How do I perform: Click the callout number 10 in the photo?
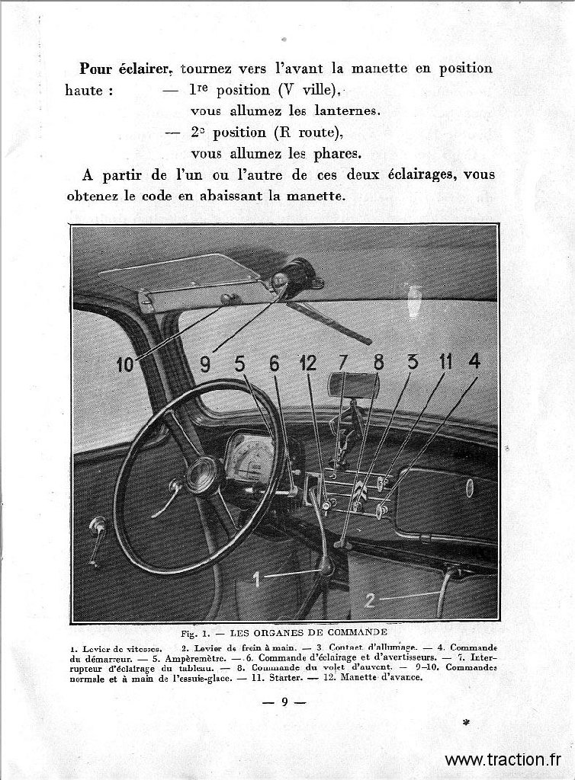tap(124, 365)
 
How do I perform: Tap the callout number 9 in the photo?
tap(205, 364)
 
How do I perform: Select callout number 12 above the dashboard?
tap(308, 363)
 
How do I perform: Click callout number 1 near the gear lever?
tap(257, 580)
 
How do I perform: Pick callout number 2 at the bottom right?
tap(370, 600)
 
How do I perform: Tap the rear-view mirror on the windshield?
tap(353, 385)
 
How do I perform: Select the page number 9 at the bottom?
tap(283, 702)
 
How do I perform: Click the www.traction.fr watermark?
tap(503, 759)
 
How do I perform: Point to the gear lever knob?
tap(326, 565)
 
